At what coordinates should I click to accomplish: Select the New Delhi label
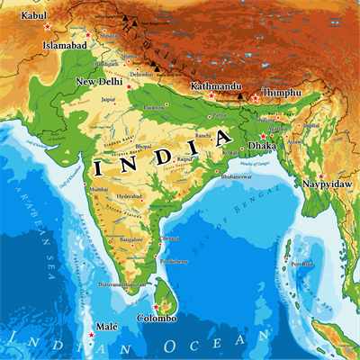[x=98, y=82]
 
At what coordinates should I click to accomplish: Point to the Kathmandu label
[x=215, y=86]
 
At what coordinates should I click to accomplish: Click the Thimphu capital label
[x=279, y=92]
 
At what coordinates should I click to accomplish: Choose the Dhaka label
[x=263, y=144]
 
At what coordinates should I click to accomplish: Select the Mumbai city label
[x=100, y=190]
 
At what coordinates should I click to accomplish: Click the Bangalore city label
[x=131, y=240]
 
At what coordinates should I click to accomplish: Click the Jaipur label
[x=109, y=99]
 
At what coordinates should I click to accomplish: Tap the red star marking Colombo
[x=155, y=308]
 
